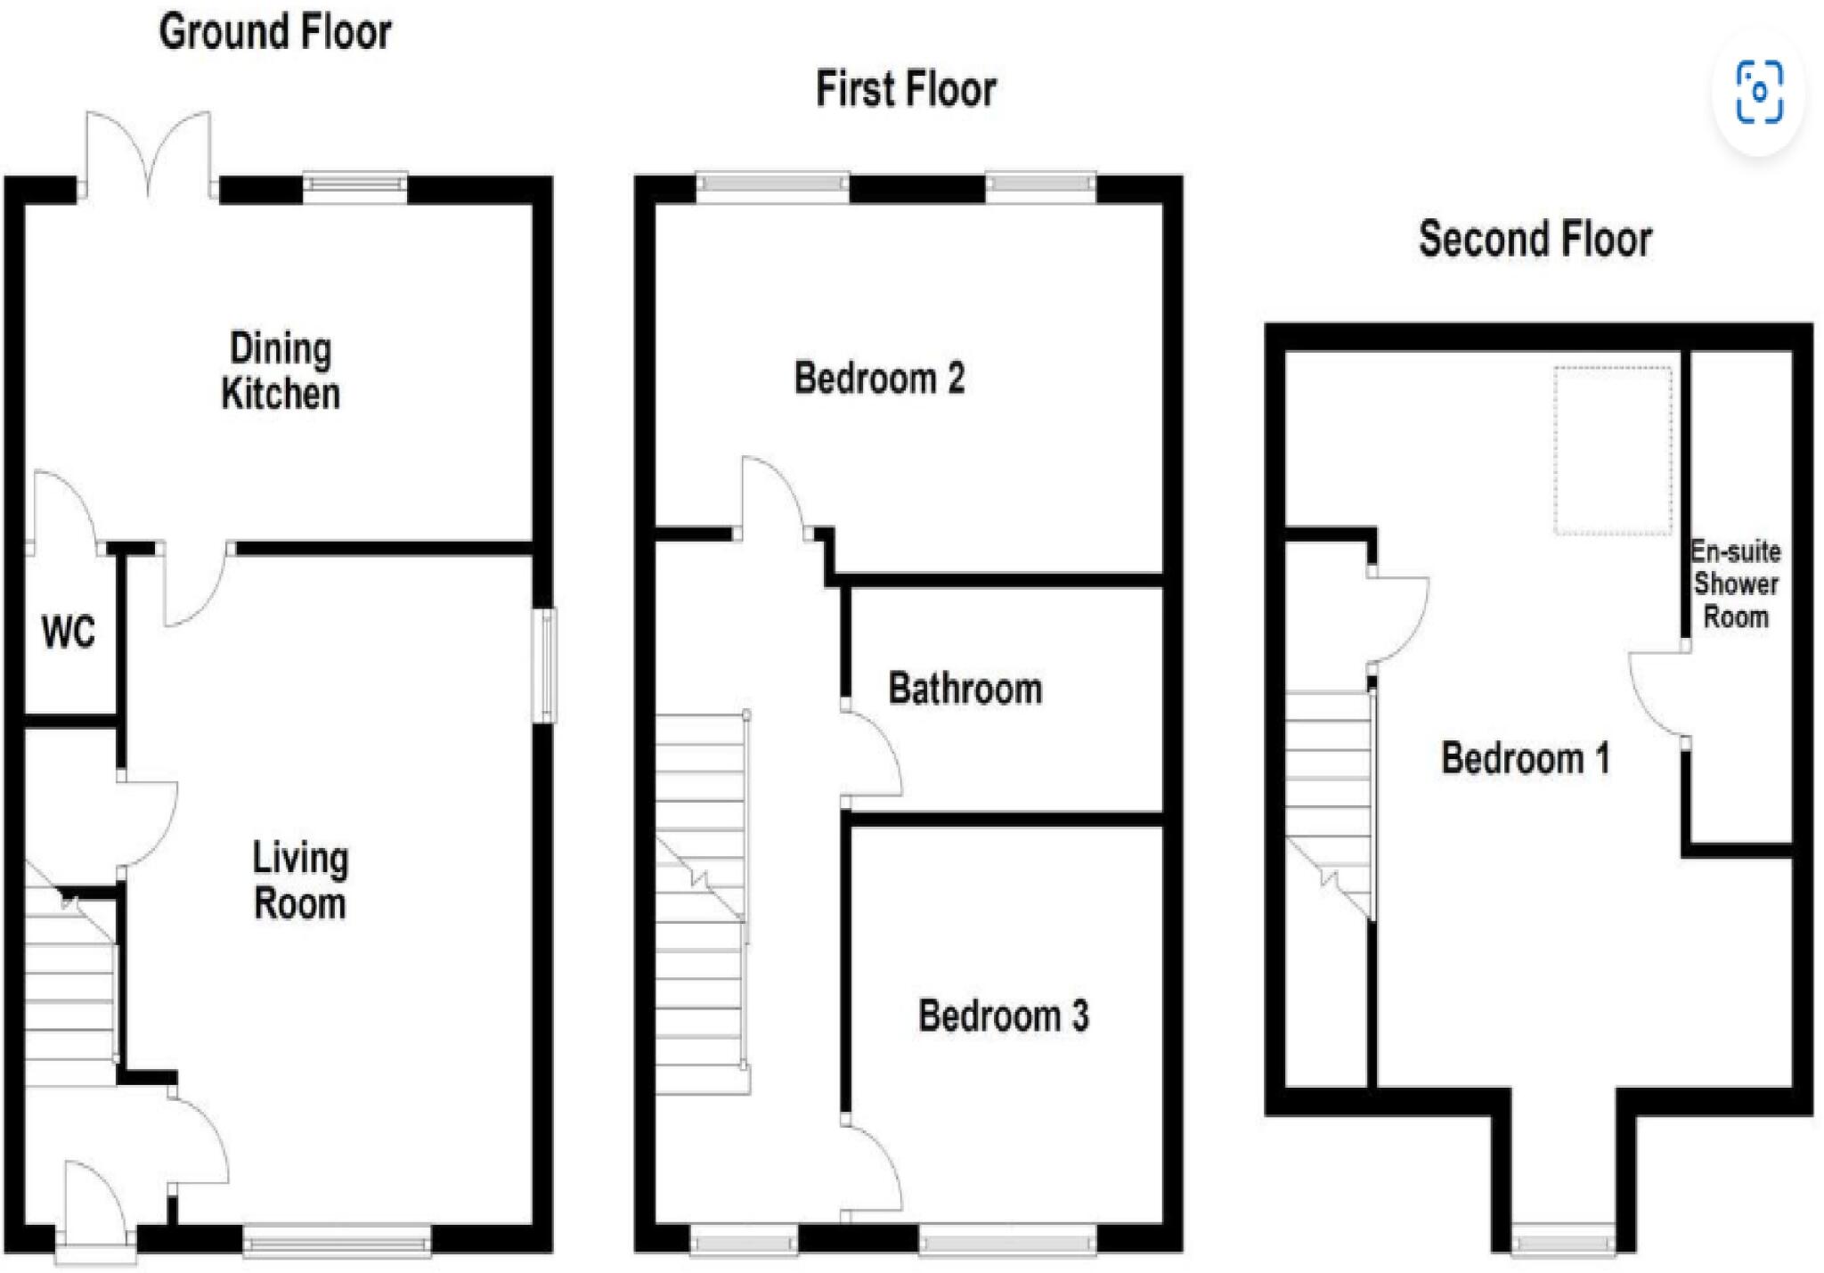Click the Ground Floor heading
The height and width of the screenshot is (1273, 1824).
275,33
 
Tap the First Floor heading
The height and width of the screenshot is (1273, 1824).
906,90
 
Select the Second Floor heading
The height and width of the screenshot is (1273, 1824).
1535,240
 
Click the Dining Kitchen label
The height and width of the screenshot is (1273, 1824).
281,371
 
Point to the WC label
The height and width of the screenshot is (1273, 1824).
68,632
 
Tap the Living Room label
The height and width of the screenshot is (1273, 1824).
300,880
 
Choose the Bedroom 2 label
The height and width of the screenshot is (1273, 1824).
879,378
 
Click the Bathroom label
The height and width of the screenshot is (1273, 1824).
965,689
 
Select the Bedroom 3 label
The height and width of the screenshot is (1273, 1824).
1003,1016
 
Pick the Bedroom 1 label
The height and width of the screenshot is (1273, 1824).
1525,758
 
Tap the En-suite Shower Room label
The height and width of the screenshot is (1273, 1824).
1735,583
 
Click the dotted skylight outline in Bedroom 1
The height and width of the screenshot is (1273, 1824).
1613,450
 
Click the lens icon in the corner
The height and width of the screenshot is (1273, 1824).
1759,92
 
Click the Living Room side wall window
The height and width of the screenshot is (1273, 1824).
545,665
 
